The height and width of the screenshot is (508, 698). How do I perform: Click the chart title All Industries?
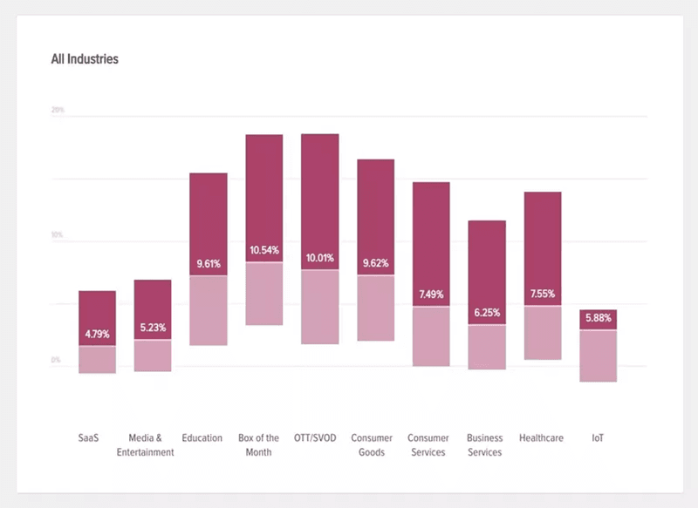click(85, 60)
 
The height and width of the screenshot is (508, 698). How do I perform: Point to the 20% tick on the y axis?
click(58, 111)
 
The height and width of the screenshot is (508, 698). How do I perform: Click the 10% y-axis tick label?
click(58, 235)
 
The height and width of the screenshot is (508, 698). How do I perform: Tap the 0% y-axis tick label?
click(56, 360)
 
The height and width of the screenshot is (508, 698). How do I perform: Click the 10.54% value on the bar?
click(263, 250)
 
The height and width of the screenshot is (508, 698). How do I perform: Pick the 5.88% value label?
click(598, 319)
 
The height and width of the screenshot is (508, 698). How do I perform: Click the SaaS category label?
click(89, 438)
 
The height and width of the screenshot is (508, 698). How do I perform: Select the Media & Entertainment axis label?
click(145, 445)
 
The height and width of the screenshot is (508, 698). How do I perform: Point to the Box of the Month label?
click(258, 445)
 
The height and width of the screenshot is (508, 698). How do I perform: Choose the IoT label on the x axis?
click(598, 438)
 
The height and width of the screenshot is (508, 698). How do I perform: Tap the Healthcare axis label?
click(541, 438)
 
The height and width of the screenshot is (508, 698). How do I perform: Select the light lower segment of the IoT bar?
click(598, 356)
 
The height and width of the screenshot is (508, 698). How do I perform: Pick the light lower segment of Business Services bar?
click(486, 347)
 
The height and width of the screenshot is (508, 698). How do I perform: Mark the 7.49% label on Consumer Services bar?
click(431, 295)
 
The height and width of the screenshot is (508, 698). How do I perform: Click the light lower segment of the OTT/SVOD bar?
click(319, 307)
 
